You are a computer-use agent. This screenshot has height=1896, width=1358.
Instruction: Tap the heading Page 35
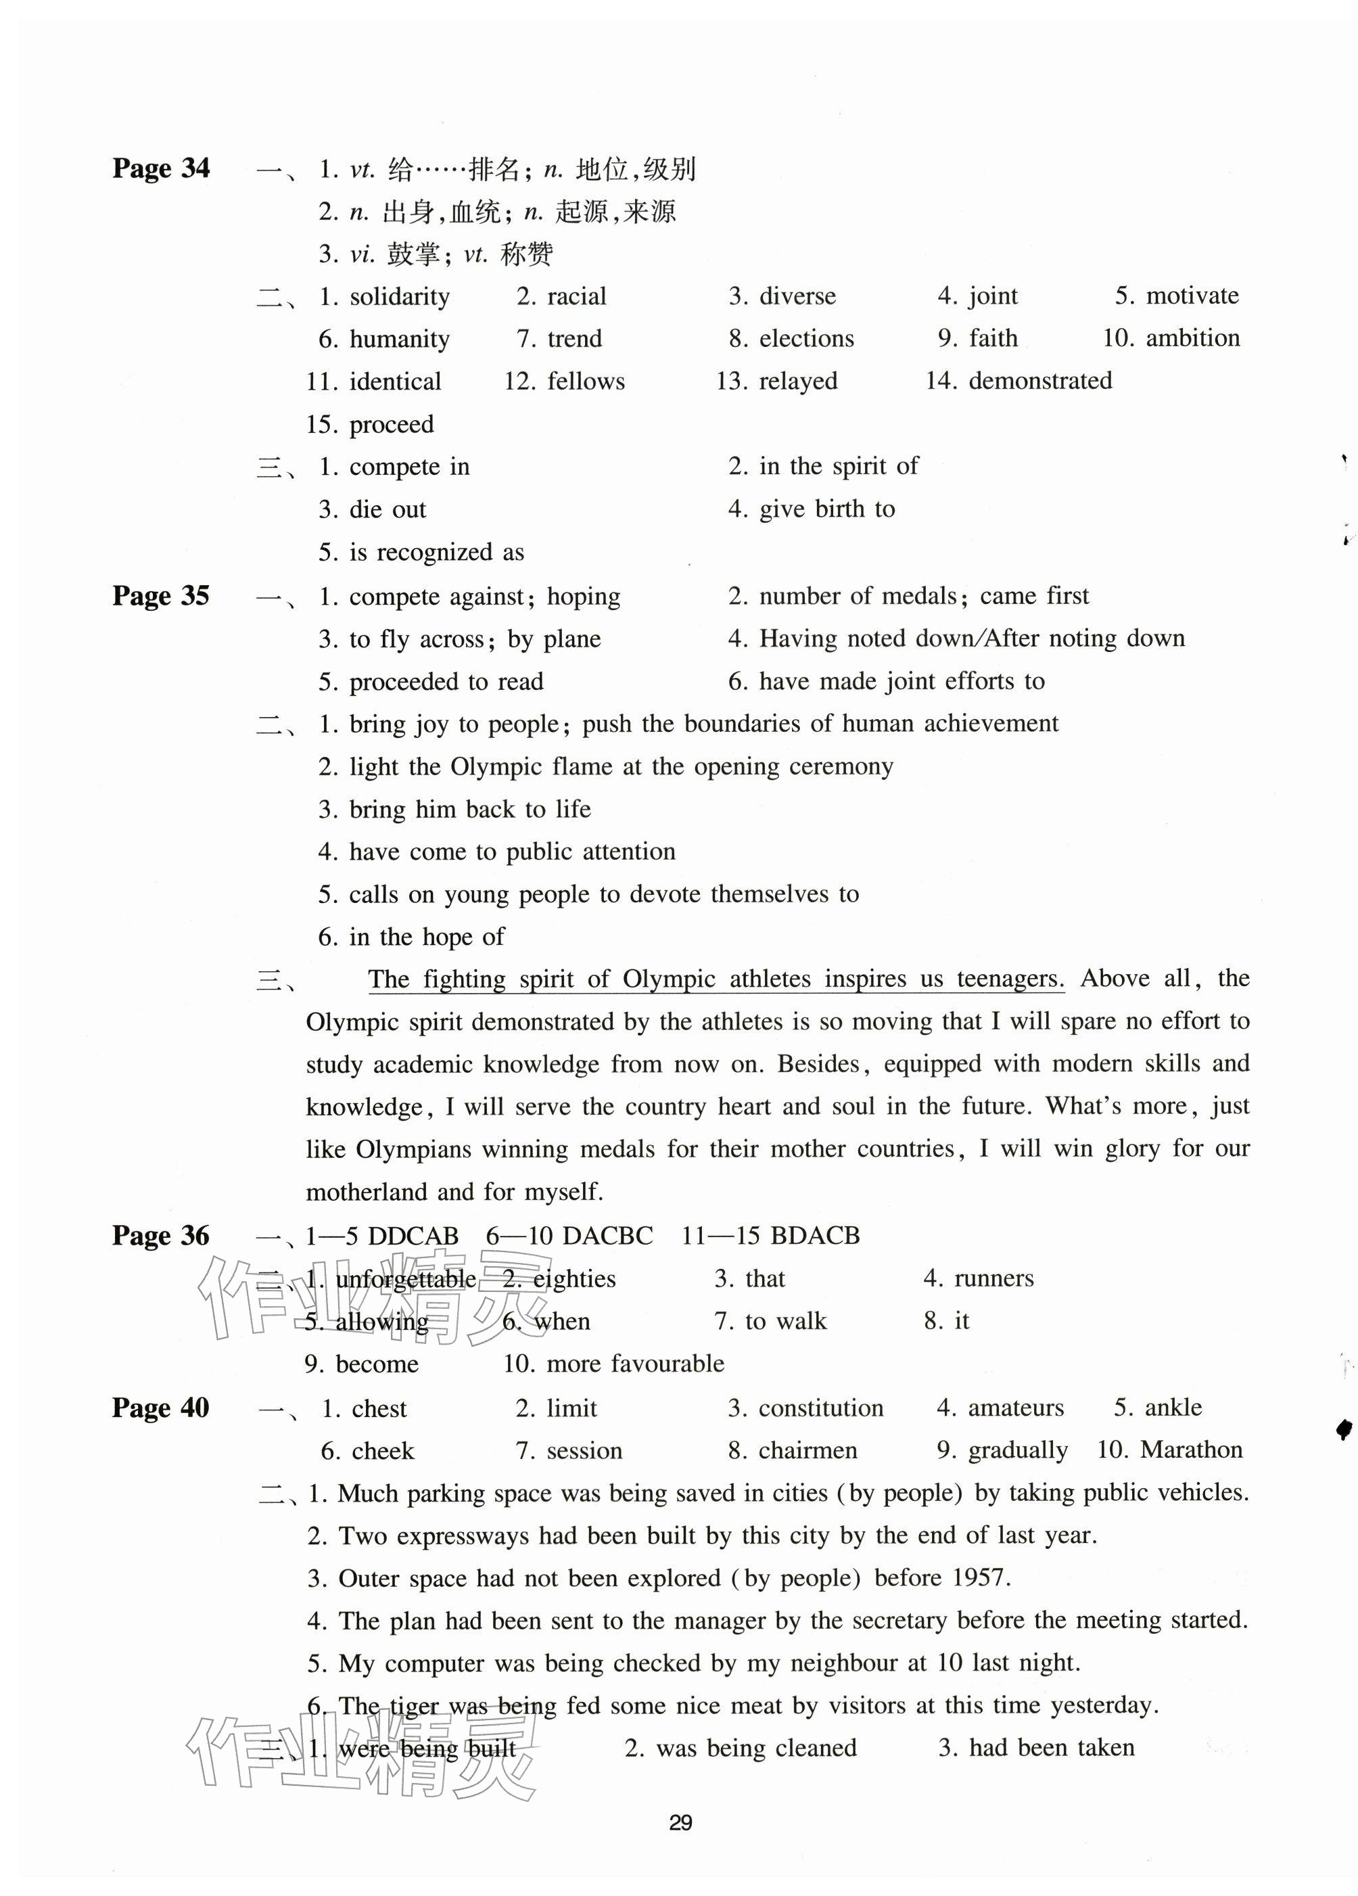tap(160, 596)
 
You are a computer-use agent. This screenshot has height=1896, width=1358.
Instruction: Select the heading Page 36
tap(160, 1236)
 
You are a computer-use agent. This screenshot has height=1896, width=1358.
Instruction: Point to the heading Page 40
tap(160, 1408)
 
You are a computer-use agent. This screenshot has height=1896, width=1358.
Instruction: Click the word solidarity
tap(400, 297)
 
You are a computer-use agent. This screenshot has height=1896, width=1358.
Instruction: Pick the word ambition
tap(1192, 339)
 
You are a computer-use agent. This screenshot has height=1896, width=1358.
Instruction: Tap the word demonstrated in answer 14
tap(1040, 381)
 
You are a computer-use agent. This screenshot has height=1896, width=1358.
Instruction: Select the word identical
tap(394, 382)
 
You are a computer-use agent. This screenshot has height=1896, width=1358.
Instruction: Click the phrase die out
tap(388, 510)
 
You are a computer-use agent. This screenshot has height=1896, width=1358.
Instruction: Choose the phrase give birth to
tap(826, 509)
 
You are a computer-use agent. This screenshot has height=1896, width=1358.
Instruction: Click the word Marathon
tap(1191, 1450)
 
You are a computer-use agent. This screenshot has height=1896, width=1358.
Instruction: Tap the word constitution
tap(820, 1408)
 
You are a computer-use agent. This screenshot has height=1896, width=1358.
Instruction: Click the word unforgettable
tap(405, 1279)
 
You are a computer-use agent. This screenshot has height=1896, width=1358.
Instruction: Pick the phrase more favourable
tap(635, 1364)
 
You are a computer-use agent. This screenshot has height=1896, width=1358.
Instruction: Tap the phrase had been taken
tap(1052, 1748)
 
